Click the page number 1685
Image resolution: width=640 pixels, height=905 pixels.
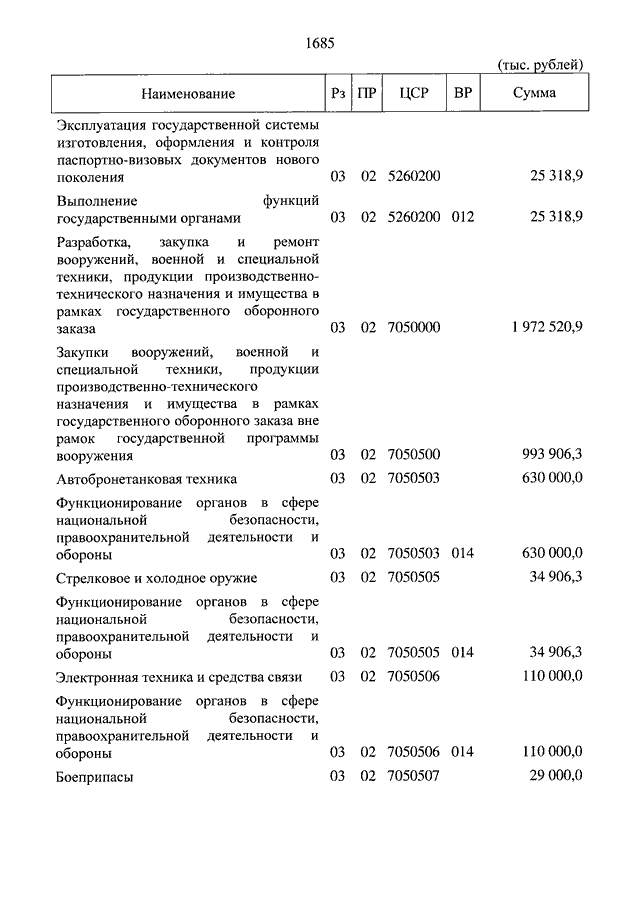(x=319, y=43)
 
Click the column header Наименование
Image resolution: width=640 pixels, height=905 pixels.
(x=188, y=94)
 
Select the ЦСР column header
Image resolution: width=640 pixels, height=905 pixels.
(x=413, y=94)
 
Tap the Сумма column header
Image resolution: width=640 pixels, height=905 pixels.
(x=535, y=94)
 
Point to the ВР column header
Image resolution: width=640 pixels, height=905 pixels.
(x=463, y=94)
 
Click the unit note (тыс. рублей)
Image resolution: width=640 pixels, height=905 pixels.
(x=540, y=65)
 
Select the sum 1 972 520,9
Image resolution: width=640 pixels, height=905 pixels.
(x=546, y=327)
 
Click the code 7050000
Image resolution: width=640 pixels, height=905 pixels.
(x=414, y=327)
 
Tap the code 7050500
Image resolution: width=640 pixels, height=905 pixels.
(x=414, y=455)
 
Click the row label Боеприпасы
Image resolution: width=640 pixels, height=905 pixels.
(x=95, y=776)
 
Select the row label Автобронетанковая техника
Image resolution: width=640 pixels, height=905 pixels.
(x=147, y=479)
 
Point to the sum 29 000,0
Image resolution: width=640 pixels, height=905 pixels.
(x=552, y=775)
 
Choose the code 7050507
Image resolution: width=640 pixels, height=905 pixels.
(x=414, y=775)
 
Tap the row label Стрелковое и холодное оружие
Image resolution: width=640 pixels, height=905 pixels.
(x=157, y=578)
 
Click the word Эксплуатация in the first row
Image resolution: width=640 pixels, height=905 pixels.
(x=101, y=124)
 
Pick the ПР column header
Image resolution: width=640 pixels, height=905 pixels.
(x=368, y=94)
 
